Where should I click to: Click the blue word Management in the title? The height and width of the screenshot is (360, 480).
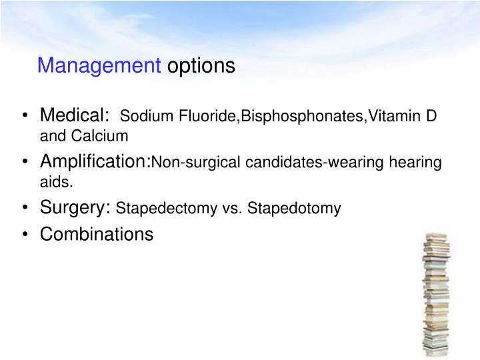point(99,66)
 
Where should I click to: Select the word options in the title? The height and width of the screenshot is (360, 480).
point(201,66)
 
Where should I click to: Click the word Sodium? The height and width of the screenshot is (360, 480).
point(140,118)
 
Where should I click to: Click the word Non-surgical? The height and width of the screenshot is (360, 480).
point(189,163)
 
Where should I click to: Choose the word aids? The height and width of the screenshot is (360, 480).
point(54,181)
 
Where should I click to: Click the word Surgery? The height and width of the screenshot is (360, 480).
point(75,207)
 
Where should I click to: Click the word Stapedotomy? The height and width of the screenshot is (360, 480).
point(293,209)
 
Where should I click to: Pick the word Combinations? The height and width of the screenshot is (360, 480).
point(97,235)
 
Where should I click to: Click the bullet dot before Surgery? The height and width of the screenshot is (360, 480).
point(24,208)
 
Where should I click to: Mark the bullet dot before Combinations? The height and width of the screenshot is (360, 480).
point(24,235)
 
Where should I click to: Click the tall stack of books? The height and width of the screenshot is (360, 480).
point(436,293)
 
